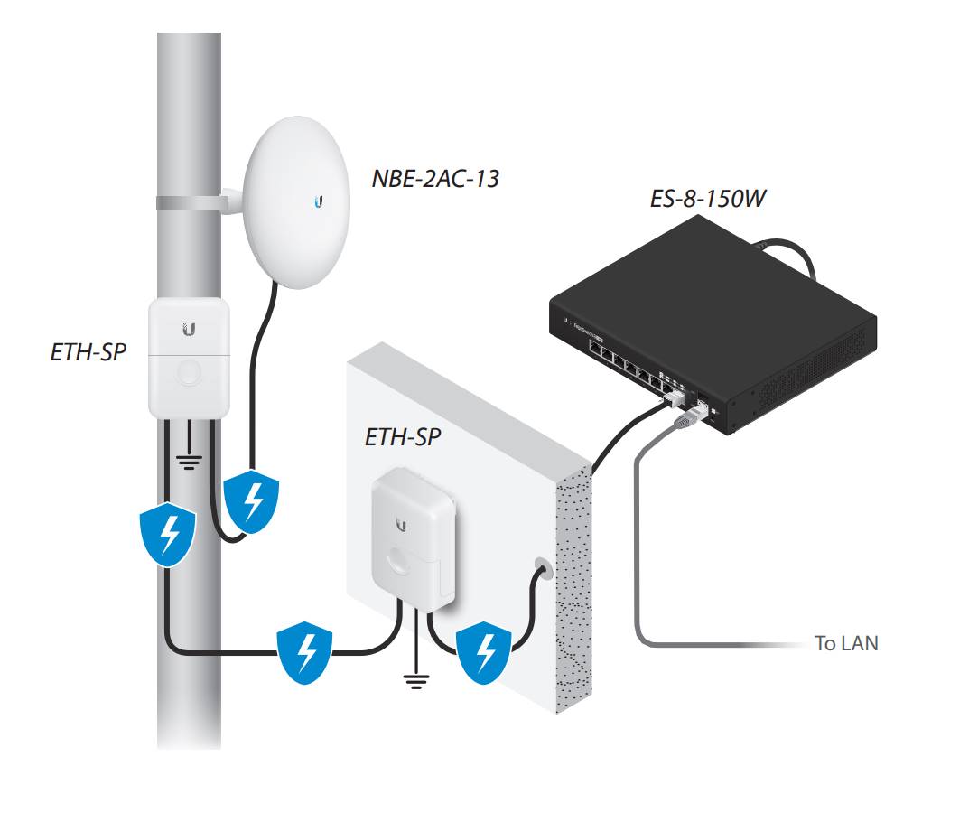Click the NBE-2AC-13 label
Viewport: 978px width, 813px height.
435,178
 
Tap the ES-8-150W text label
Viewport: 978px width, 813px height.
708,198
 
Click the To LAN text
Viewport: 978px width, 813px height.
845,643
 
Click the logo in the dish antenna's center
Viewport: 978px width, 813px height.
320,202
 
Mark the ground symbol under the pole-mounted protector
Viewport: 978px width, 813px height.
188,463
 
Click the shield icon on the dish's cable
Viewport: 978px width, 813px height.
252,500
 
